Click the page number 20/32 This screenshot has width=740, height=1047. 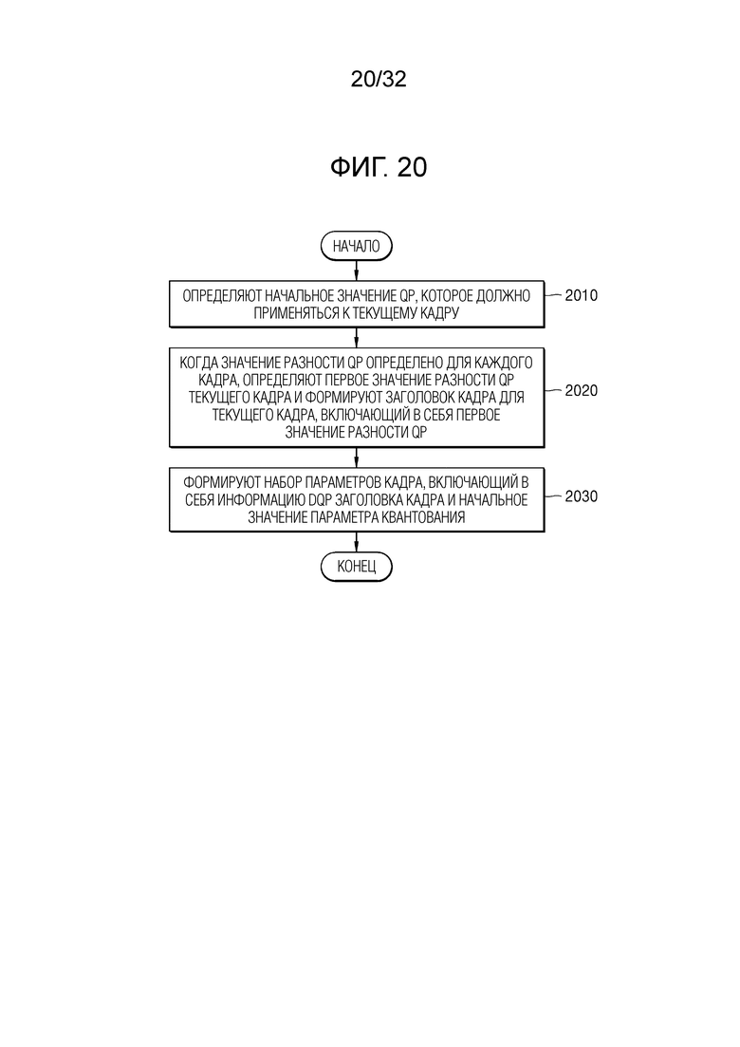point(379,79)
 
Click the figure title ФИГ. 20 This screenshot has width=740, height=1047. point(379,167)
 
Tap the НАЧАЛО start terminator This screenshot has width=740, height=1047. point(357,246)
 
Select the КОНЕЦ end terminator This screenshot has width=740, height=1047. point(357,567)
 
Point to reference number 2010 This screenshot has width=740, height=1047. point(582,295)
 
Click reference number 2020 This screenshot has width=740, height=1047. point(582,391)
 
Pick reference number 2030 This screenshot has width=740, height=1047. point(582,496)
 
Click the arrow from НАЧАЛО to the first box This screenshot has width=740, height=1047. point(357,271)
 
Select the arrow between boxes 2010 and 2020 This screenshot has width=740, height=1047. point(357,338)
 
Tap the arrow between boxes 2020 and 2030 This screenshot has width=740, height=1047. point(357,458)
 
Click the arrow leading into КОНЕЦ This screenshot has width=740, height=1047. point(357,542)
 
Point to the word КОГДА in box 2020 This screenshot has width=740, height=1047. point(198,363)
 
